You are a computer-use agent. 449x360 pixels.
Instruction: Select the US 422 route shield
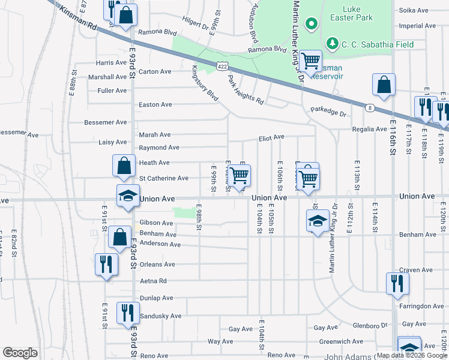pos(220,64)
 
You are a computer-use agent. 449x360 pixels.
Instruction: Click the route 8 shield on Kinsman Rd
pos(370,107)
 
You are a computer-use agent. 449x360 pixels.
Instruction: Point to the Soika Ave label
pos(417,10)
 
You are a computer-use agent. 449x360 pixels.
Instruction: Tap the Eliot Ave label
pos(271,137)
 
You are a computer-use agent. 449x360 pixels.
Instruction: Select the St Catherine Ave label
pos(164,178)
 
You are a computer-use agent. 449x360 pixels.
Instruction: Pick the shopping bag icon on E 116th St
pos(384,85)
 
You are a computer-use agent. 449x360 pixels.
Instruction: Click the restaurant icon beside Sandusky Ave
pos(128,312)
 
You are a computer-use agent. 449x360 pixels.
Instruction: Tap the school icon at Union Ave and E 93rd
pos(128,196)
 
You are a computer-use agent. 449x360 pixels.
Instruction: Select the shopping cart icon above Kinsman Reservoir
pos(310,60)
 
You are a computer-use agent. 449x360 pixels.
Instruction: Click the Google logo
pos(20,353)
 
